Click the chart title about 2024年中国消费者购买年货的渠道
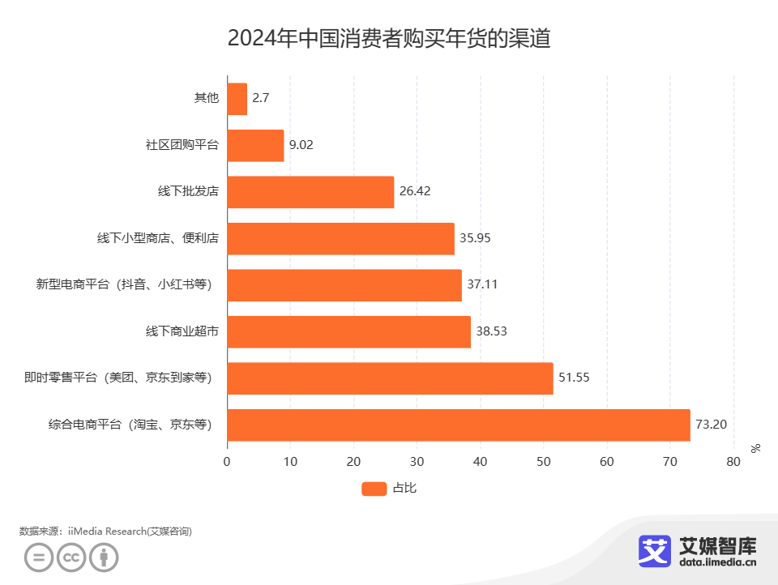[x=389, y=38]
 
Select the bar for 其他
[x=237, y=99]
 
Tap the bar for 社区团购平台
[x=255, y=145]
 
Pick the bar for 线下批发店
[x=310, y=192]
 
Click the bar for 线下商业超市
[x=348, y=332]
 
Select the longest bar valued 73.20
[x=458, y=425]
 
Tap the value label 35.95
[x=475, y=238]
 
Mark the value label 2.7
[x=260, y=98]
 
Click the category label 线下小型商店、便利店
[x=158, y=238]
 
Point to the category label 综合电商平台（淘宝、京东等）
[x=130, y=425]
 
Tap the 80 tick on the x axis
[x=733, y=462]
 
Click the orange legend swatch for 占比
[x=374, y=489]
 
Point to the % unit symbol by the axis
[x=755, y=448]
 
